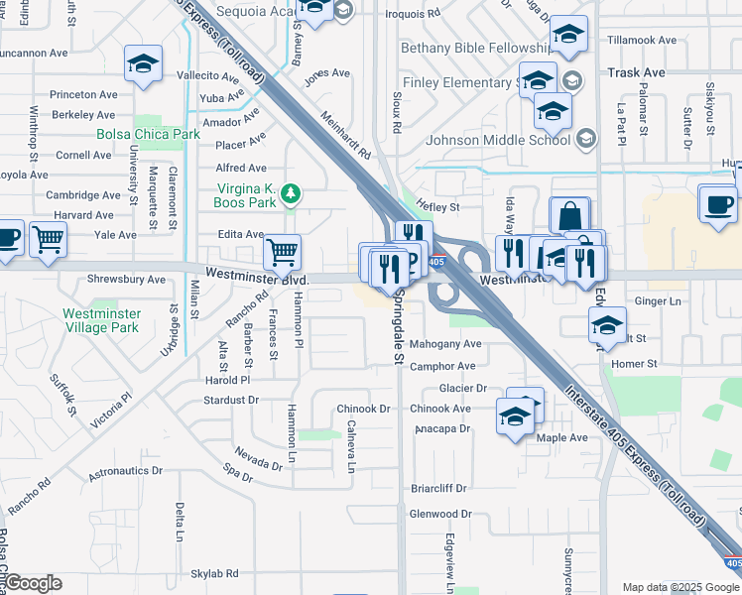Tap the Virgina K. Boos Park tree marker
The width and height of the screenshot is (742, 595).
point(291,192)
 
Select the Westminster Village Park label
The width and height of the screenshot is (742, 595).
point(101,320)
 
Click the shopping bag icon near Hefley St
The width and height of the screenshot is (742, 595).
point(570,216)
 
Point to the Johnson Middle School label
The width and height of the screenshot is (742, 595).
point(497,139)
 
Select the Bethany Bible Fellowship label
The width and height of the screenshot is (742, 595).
point(474,48)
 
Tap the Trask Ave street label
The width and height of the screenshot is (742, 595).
point(636,73)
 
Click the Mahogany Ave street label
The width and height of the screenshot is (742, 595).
point(445,344)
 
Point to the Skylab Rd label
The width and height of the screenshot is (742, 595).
point(214,573)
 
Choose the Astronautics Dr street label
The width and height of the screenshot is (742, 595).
point(125,471)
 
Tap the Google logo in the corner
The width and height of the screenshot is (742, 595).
point(33,583)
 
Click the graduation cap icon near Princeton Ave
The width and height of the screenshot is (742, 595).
point(143,65)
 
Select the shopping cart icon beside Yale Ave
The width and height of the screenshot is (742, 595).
point(48,239)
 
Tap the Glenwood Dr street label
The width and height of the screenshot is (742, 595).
point(440,514)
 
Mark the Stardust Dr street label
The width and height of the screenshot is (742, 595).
point(230,400)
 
